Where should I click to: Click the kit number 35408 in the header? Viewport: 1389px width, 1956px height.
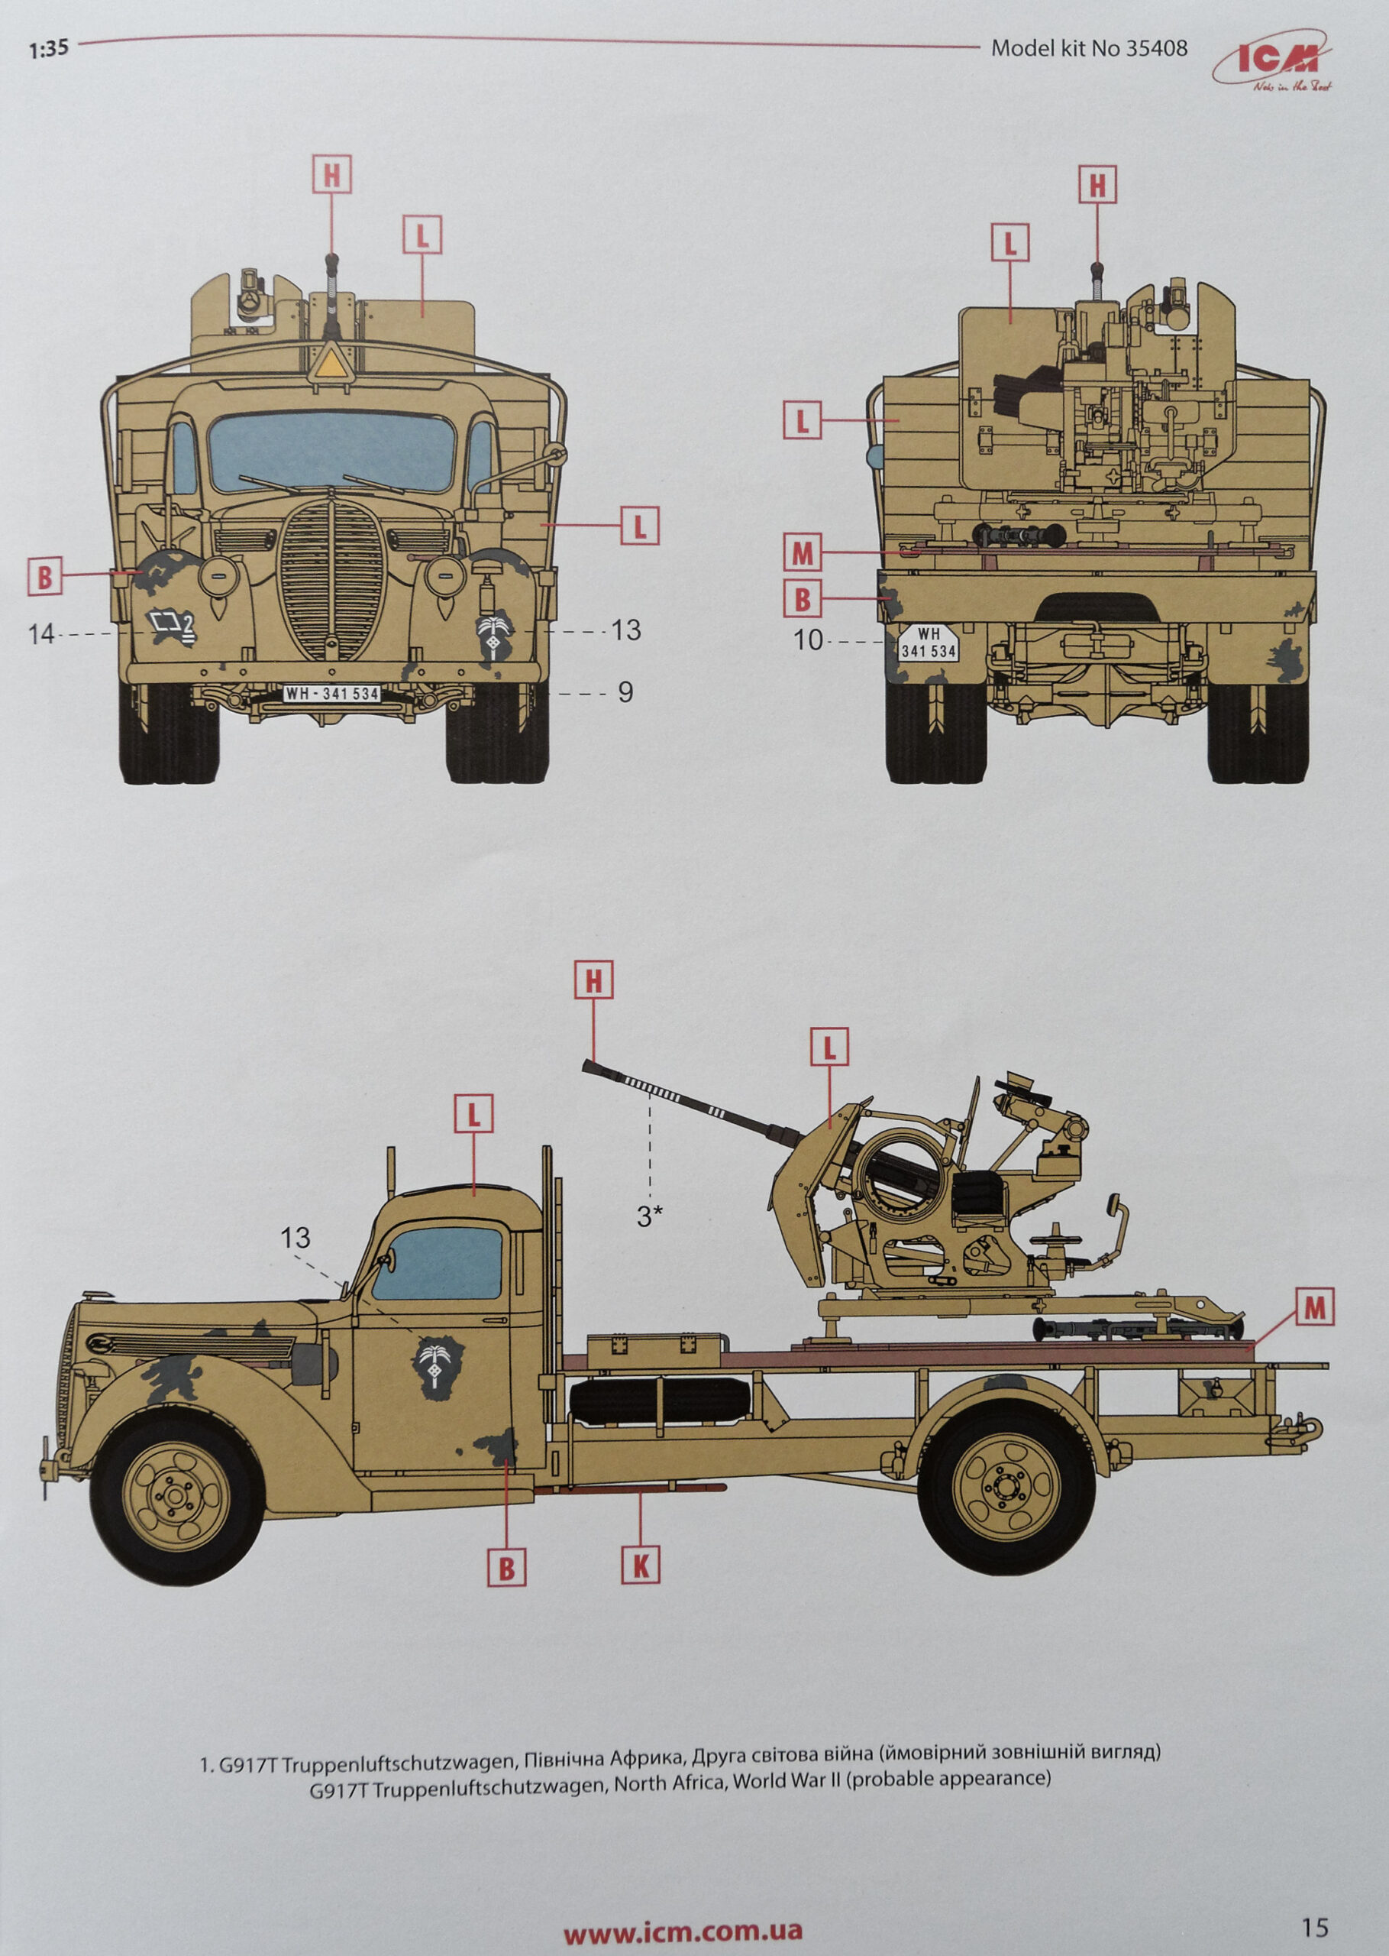pyautogui.click(x=1156, y=48)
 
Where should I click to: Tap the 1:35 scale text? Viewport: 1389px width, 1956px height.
pyautogui.click(x=48, y=49)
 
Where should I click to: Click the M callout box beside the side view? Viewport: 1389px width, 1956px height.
pyautogui.click(x=1313, y=1307)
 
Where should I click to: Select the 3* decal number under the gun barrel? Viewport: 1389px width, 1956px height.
pyautogui.click(x=650, y=1216)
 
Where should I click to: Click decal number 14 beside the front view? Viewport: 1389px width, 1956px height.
pyautogui.click(x=41, y=634)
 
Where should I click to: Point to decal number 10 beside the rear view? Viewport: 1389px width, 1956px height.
pyautogui.click(x=808, y=640)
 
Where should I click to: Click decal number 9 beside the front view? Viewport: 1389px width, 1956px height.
pyautogui.click(x=625, y=691)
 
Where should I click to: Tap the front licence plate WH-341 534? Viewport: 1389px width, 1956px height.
pyautogui.click(x=332, y=693)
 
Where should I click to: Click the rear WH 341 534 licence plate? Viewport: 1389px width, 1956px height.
pyautogui.click(x=928, y=643)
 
